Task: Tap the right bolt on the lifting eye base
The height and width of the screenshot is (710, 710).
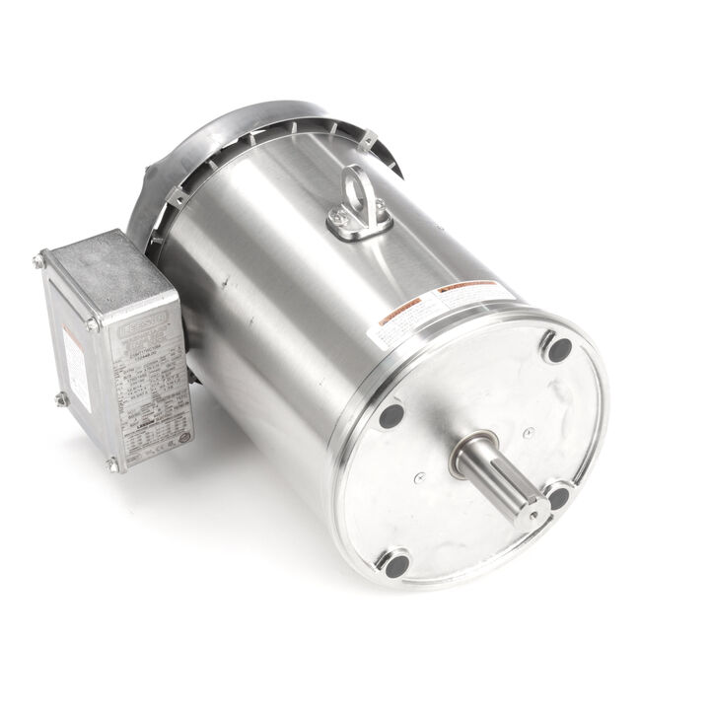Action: [x=379, y=206]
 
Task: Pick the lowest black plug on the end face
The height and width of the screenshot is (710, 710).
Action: [x=395, y=565]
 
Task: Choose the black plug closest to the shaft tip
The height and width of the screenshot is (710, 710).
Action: [x=558, y=497]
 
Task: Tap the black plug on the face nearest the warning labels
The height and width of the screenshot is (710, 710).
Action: [x=390, y=415]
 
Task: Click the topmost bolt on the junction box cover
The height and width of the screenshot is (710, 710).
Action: [x=39, y=261]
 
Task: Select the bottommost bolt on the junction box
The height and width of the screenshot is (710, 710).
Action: [x=112, y=463]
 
